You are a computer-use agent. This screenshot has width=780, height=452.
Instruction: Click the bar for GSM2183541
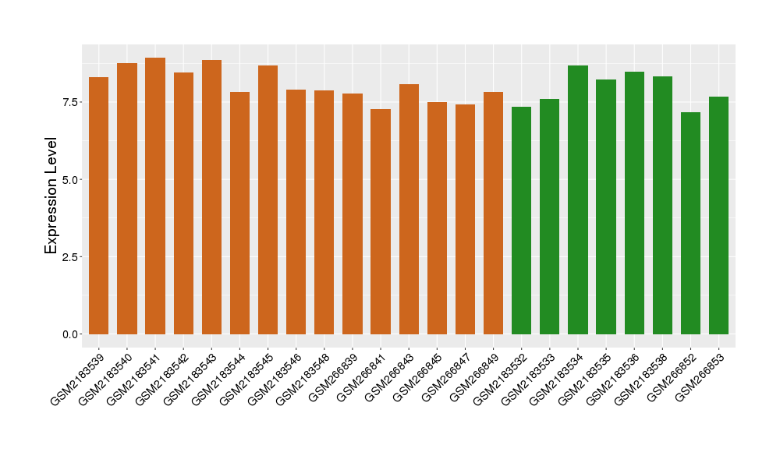pos(155,196)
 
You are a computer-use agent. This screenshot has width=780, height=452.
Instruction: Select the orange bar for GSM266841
pos(381,221)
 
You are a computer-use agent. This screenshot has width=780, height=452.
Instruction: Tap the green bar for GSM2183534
pos(578,200)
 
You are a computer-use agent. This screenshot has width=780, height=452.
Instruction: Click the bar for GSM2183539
pos(99,206)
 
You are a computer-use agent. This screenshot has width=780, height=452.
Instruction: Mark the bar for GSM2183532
pos(521,221)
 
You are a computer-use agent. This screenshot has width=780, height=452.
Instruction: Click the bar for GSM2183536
pos(634,203)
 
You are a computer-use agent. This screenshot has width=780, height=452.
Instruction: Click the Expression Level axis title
pos(51,196)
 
